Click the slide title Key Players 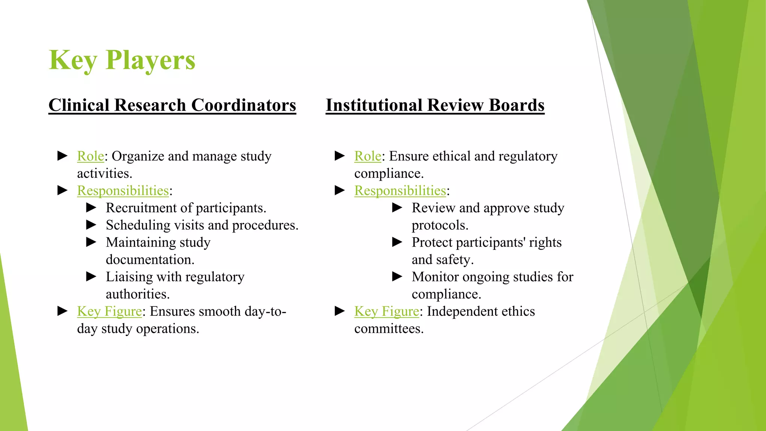pyautogui.click(x=122, y=60)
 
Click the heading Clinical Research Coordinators pyautogui.click(x=172, y=105)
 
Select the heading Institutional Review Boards pyautogui.click(x=435, y=105)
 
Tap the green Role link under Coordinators pyautogui.click(x=91, y=156)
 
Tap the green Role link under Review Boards pyautogui.click(x=368, y=156)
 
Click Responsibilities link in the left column pyautogui.click(x=123, y=190)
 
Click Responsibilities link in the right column pyautogui.click(x=400, y=190)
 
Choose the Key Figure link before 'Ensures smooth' pyautogui.click(x=109, y=311)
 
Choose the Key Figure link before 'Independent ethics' pyautogui.click(x=386, y=311)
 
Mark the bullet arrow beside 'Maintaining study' pyautogui.click(x=91, y=242)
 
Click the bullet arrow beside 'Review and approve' pyautogui.click(x=397, y=208)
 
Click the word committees pyautogui.click(x=389, y=328)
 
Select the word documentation pyautogui.click(x=150, y=260)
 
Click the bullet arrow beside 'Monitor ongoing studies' pyautogui.click(x=397, y=276)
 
